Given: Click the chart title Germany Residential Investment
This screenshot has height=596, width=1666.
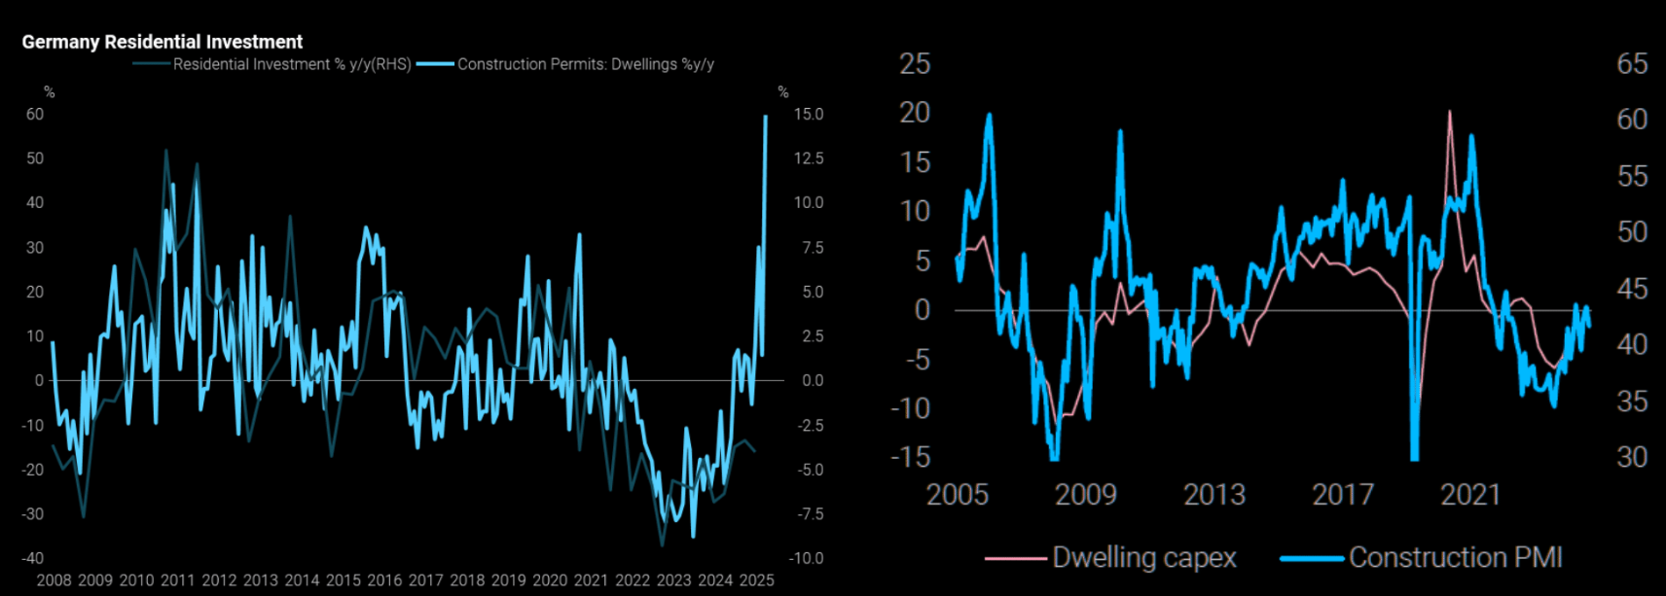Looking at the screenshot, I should coord(162,42).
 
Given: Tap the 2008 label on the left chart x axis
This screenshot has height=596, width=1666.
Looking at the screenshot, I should coord(54,580).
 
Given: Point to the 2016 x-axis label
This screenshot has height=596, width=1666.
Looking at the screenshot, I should coord(384,580).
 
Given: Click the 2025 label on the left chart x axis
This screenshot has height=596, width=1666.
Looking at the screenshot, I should coord(756,580).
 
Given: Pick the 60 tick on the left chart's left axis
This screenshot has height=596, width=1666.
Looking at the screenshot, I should coord(35,114).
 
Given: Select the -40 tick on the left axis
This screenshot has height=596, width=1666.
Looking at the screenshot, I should coord(33,558).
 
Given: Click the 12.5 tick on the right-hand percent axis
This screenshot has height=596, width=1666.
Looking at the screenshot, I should coord(809,158).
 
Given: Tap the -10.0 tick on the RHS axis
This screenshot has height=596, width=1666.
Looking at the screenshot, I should coord(808,558).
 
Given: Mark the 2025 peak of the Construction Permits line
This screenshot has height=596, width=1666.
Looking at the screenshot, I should coord(766,117).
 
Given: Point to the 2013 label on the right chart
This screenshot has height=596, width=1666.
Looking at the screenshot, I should coord(1213,495).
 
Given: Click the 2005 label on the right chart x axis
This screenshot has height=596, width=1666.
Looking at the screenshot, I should coord(957,495).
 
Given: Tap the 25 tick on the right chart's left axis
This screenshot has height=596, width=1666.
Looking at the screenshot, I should coord(915,64).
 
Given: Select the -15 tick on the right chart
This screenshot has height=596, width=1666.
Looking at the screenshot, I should coord(910,457).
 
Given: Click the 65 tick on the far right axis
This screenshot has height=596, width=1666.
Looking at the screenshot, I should coord(1632,64).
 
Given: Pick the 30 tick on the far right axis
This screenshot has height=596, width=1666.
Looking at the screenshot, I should coord(1632,457).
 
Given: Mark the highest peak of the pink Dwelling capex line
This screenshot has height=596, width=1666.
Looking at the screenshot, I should coord(1450,112).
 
